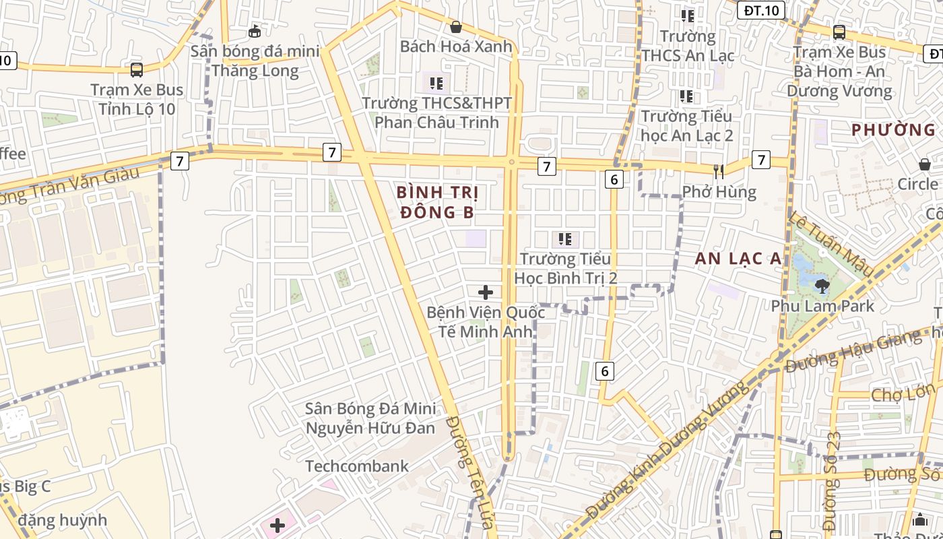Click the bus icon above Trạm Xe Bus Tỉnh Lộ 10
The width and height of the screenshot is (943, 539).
coord(137,69)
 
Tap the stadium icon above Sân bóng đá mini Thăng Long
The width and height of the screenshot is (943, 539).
coord(255,31)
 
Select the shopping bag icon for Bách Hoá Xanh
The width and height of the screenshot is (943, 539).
coord(456,27)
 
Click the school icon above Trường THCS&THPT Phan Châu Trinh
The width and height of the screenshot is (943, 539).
coord(436,84)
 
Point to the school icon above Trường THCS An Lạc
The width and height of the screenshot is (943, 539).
coord(687,15)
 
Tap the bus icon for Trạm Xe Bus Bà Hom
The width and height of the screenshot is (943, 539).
coord(839,32)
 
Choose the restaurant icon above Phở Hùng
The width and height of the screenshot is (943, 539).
coord(719,172)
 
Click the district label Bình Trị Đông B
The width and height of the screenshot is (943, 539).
coord(438,202)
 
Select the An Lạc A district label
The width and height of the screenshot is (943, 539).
coord(738,258)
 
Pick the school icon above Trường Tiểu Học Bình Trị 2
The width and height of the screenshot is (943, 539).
coord(565,239)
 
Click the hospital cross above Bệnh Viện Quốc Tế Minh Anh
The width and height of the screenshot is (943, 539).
coord(486,292)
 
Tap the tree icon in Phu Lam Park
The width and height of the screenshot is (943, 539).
coord(822,286)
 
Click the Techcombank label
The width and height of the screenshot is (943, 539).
coord(357,466)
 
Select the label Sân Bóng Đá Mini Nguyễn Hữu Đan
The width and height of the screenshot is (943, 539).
coord(370,418)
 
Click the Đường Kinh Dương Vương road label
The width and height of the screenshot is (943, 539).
coord(667,450)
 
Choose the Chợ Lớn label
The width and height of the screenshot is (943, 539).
coord(903,392)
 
